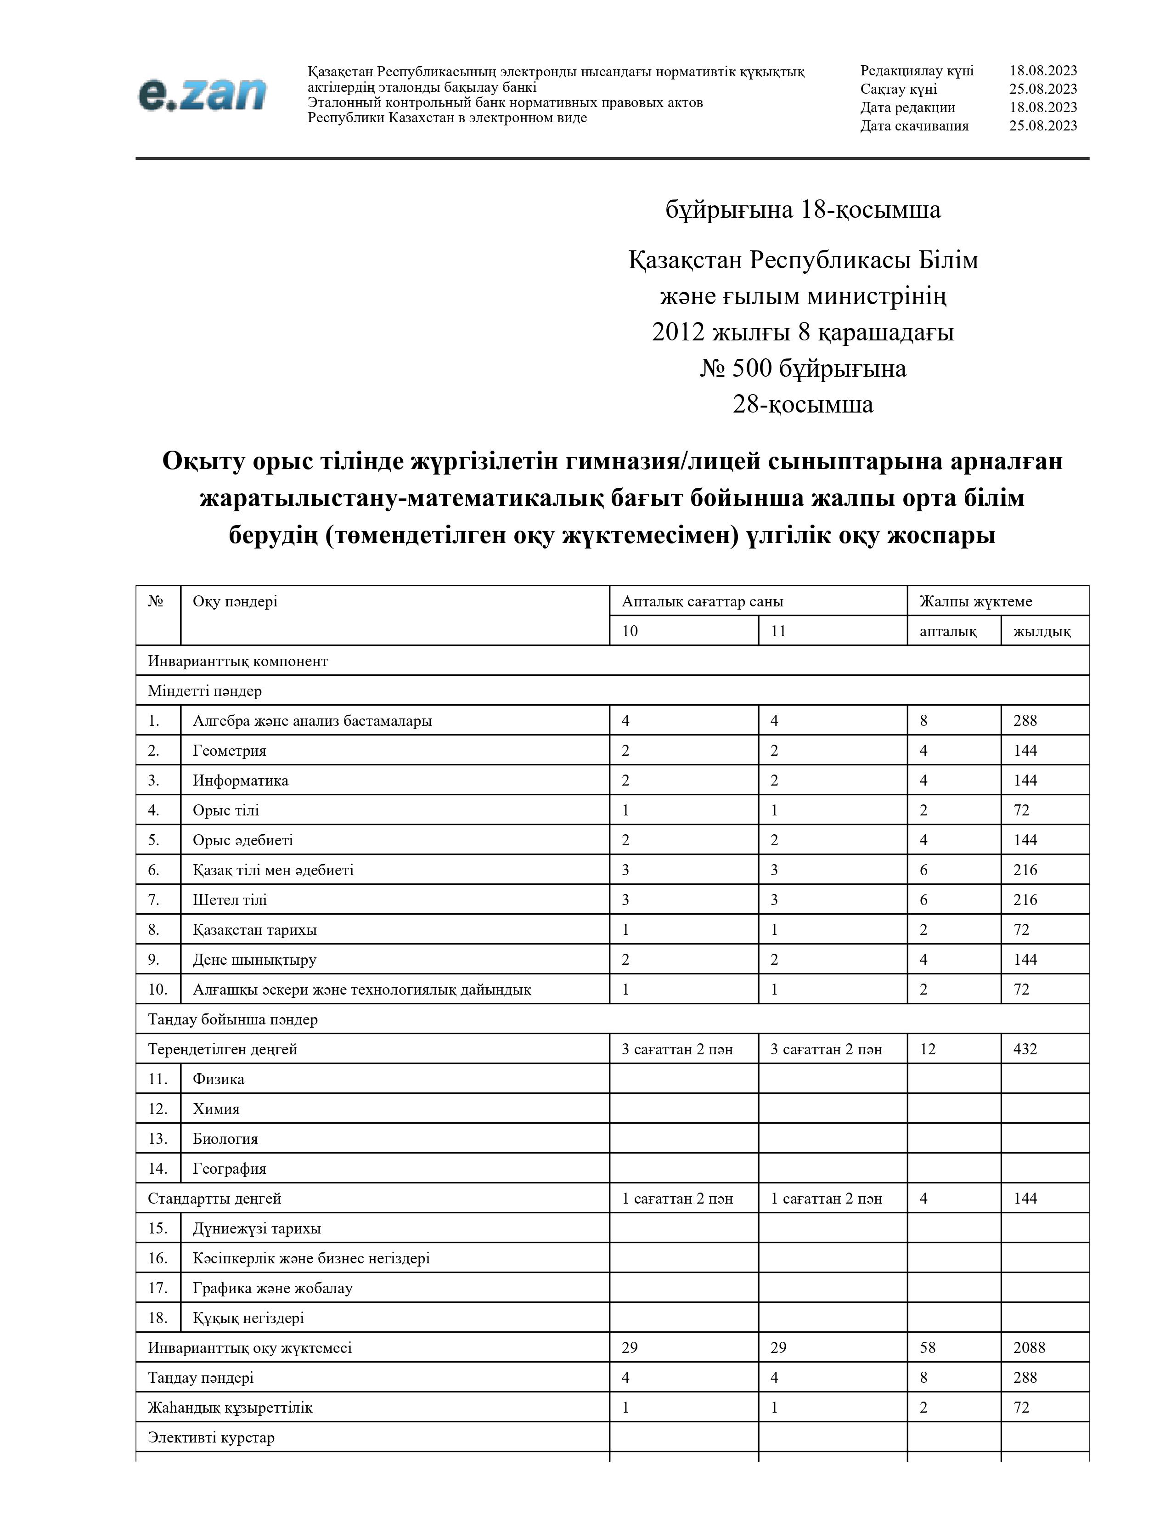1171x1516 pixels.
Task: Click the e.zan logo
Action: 202,94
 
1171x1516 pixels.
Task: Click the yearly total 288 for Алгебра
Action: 1025,720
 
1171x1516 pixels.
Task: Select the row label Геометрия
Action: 229,750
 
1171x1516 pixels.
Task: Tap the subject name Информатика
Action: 240,780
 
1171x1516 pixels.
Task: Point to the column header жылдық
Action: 1042,631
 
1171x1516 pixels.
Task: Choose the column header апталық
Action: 948,631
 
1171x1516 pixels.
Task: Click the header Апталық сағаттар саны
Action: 702,601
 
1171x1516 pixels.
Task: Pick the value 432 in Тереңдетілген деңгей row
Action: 1025,1049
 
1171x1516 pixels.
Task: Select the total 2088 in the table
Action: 1029,1347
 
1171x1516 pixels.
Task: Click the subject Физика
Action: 219,1079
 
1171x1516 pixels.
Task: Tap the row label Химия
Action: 216,1109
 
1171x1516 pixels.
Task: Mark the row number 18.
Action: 158,1318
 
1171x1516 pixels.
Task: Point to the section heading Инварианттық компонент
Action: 237,661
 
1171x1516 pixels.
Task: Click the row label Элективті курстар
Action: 211,1437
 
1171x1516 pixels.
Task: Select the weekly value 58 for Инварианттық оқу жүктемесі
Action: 928,1347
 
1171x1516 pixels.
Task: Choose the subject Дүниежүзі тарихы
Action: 257,1228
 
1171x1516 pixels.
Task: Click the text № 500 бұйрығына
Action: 803,368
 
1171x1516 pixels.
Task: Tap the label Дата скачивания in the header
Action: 914,125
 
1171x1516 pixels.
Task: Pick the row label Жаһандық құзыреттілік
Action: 230,1407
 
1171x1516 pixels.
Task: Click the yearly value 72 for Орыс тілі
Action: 1021,810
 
